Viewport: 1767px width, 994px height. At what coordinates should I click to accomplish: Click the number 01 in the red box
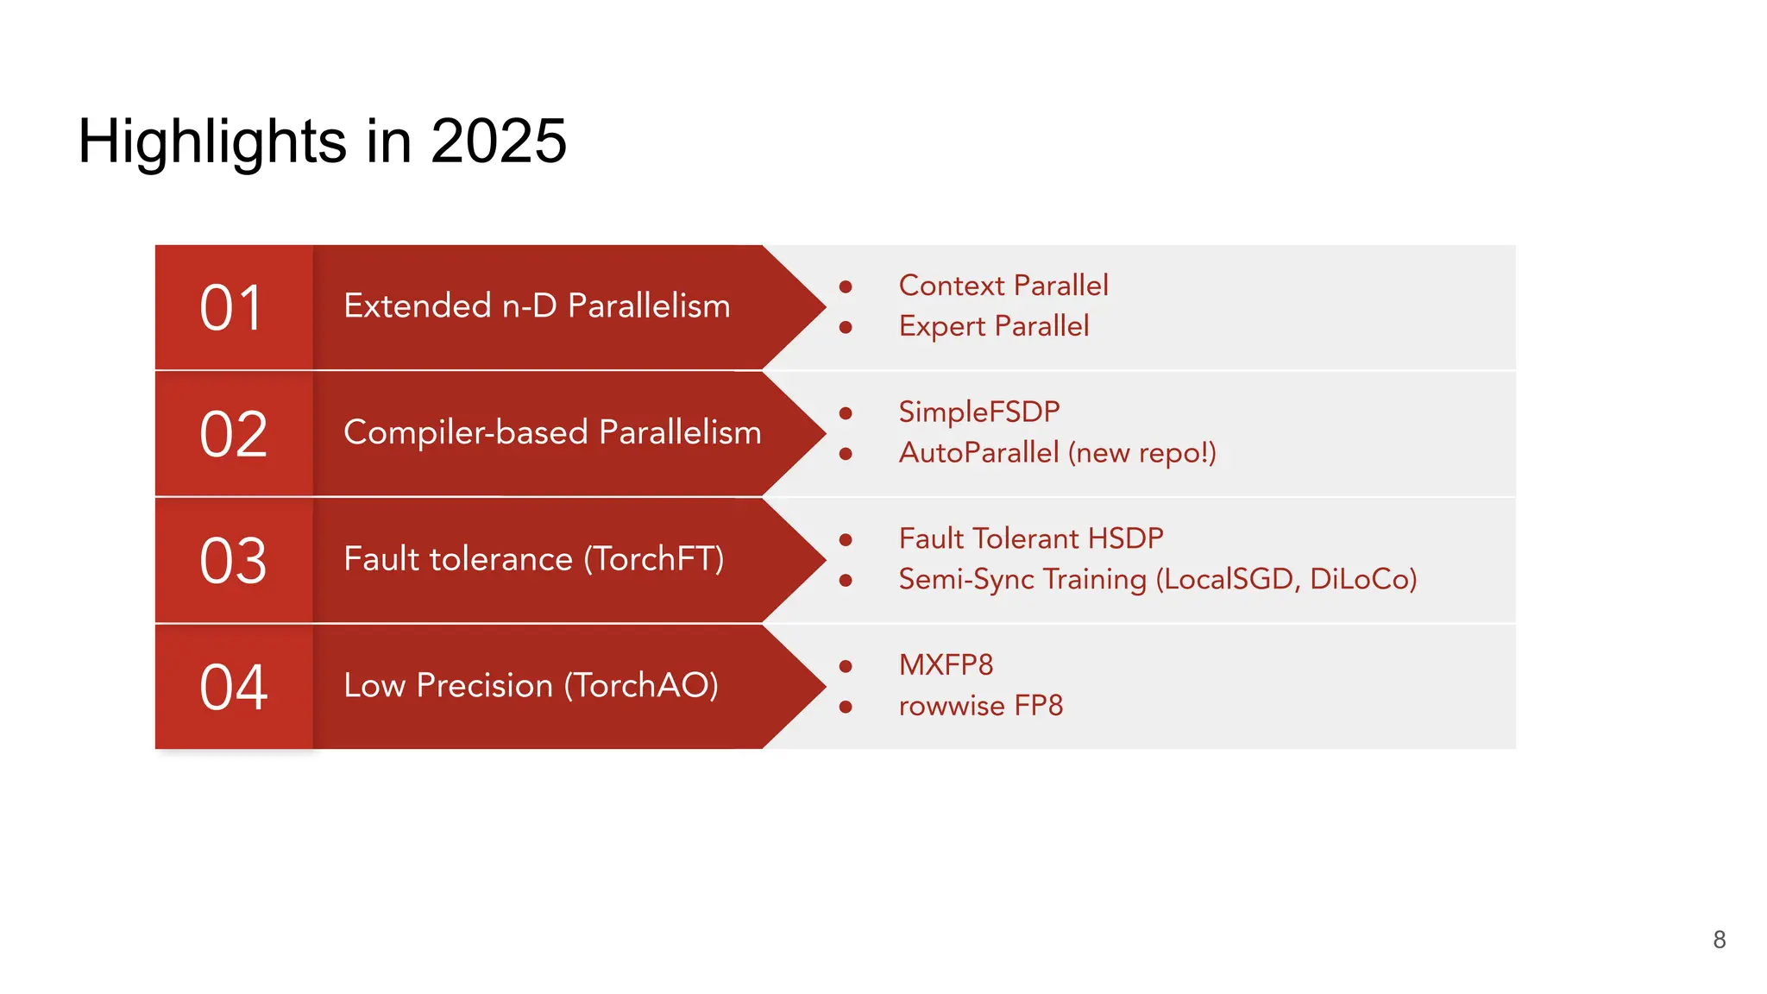(x=230, y=308)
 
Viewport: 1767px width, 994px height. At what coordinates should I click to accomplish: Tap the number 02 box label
(x=233, y=434)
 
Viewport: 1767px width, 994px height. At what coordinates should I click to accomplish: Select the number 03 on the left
(x=233, y=561)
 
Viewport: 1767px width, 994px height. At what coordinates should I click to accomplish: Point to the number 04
(x=233, y=687)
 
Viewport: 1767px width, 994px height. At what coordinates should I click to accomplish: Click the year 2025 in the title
(x=498, y=141)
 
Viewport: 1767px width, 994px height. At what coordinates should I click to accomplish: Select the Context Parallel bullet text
(x=1003, y=286)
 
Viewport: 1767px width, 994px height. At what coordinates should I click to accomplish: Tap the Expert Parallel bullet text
(x=993, y=326)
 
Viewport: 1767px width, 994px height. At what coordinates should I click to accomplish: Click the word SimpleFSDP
(x=978, y=412)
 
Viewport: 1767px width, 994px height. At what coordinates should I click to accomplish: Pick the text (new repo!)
(x=1141, y=452)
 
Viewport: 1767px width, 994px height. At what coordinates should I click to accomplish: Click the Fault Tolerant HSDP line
(x=1030, y=538)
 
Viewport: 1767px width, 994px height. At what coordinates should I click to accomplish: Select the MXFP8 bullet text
(x=946, y=664)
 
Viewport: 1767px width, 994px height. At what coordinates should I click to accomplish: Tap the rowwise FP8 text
(x=980, y=706)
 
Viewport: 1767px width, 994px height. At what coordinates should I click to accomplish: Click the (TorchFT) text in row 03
(x=653, y=559)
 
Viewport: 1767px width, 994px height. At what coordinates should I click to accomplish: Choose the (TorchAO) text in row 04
(x=641, y=686)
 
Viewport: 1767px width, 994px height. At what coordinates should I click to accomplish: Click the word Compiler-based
(x=465, y=432)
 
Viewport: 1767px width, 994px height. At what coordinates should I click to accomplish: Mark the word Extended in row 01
(x=417, y=306)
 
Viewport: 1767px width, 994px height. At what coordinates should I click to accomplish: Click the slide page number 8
(x=1719, y=940)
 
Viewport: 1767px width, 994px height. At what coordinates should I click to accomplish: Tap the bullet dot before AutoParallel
(x=846, y=454)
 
